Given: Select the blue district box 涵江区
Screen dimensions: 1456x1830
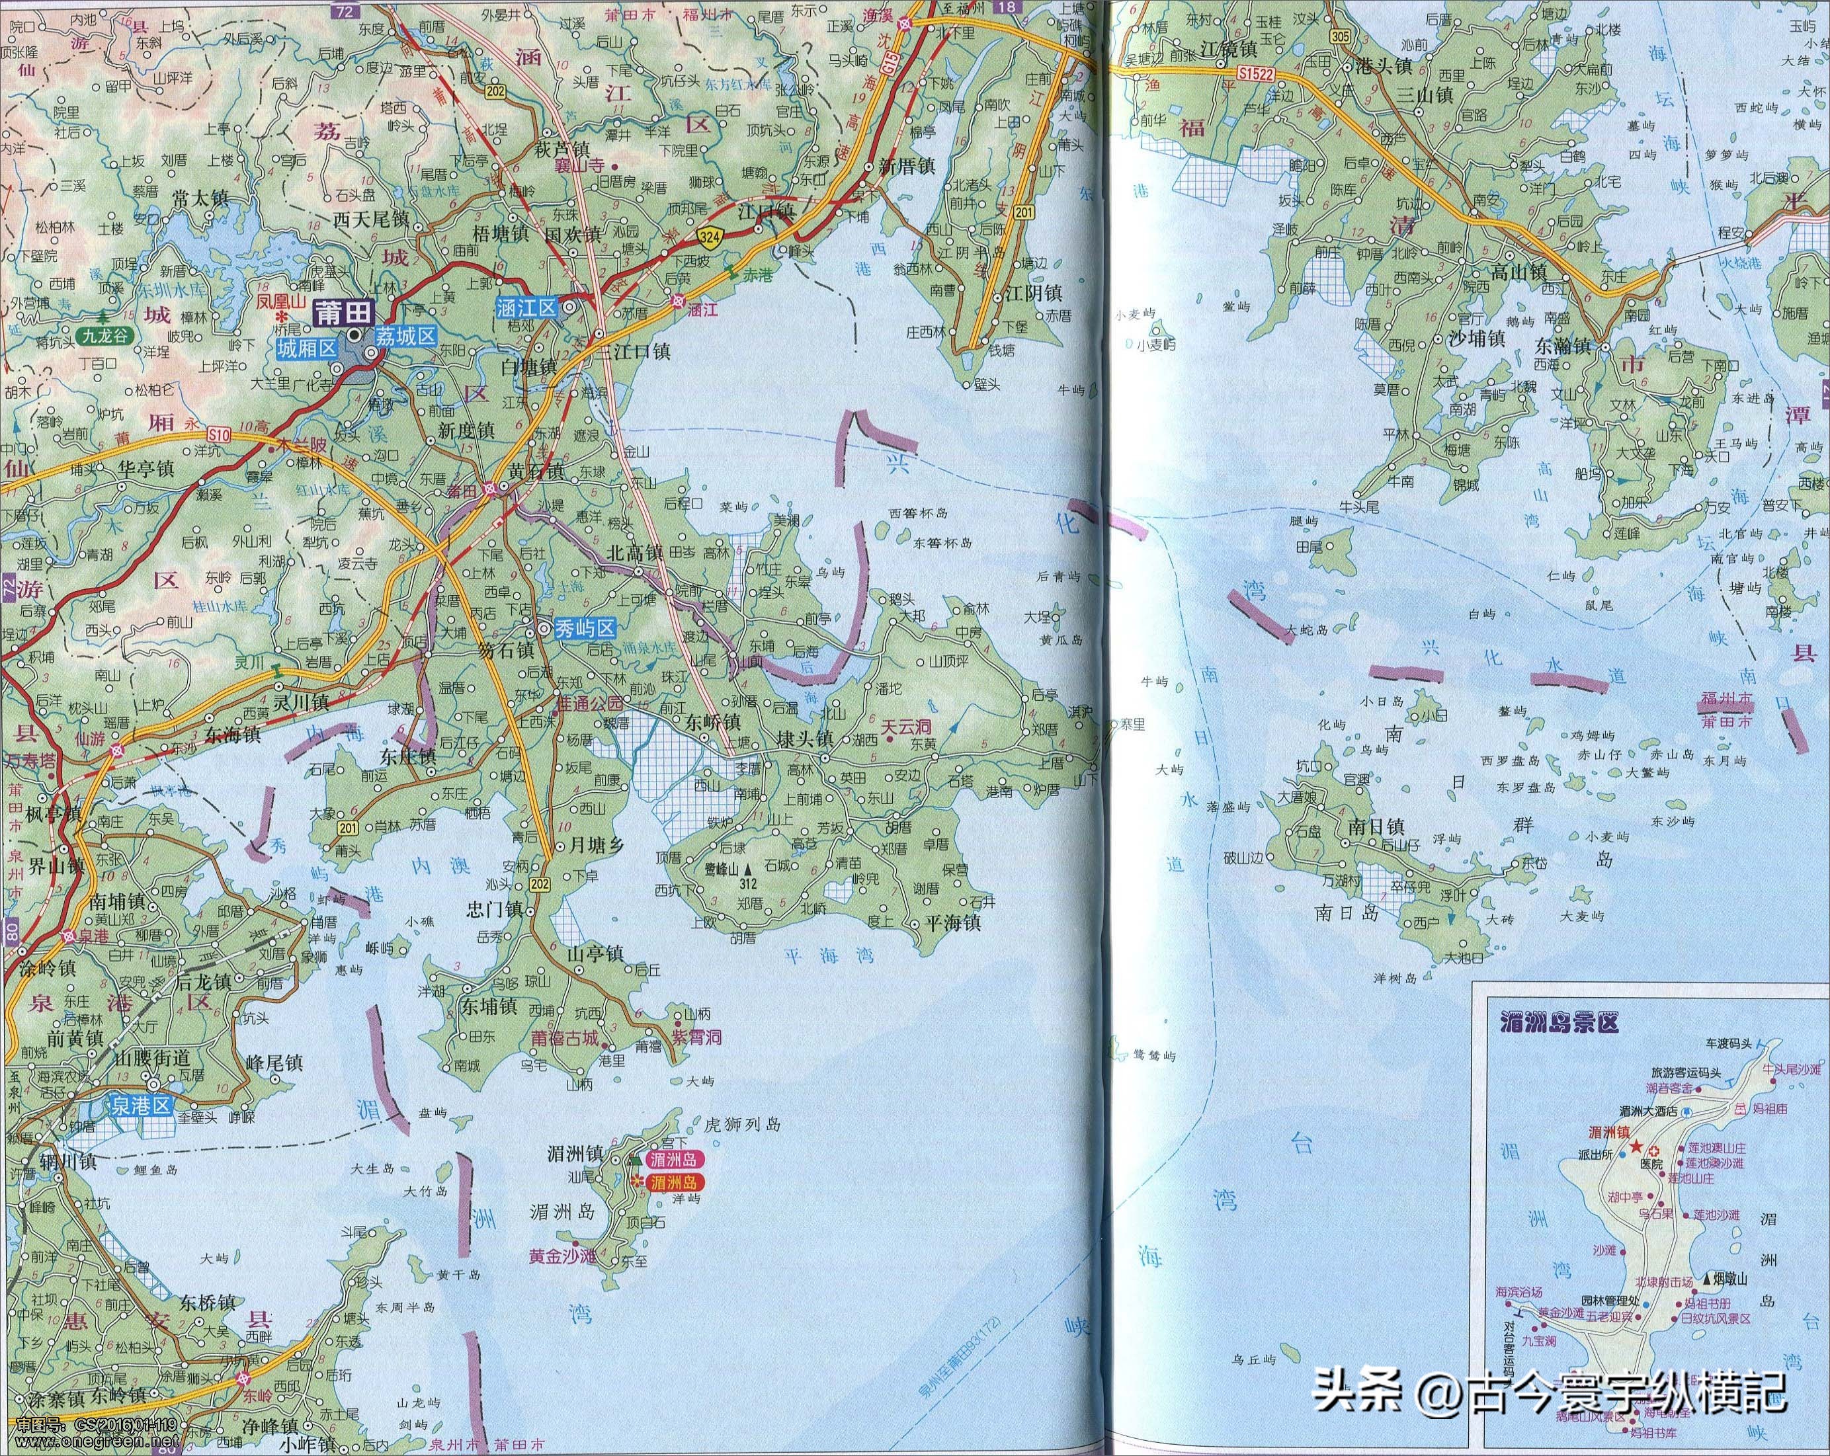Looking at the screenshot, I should point(527,307).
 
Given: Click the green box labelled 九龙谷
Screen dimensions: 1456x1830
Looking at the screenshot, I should point(108,336).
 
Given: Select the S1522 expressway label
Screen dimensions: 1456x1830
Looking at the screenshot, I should point(1255,75).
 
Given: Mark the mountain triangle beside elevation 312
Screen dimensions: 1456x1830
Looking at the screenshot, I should point(748,869).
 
